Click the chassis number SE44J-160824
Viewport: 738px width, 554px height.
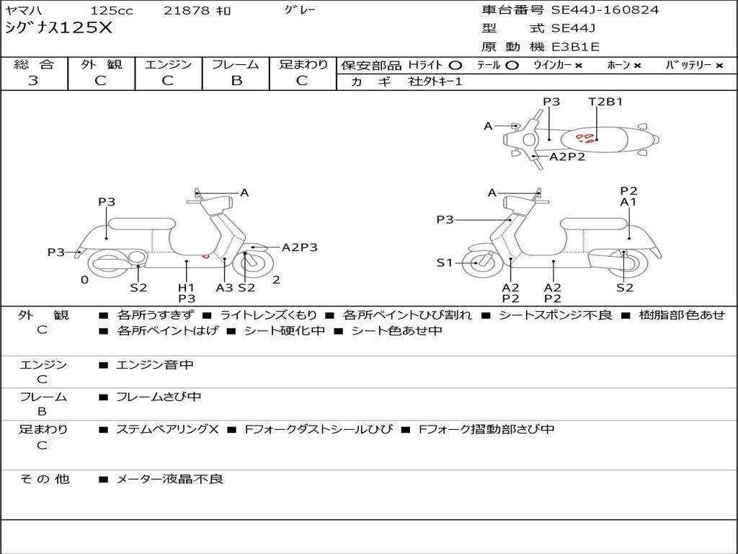605,10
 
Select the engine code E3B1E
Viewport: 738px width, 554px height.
576,47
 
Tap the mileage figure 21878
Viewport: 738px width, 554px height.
187,11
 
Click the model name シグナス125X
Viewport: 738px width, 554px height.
59,28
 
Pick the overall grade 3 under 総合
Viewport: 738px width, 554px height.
33,81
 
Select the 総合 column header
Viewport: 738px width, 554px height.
34,64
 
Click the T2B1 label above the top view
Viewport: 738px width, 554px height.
605,102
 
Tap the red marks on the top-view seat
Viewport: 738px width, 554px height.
587,137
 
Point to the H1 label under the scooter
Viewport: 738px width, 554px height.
186,287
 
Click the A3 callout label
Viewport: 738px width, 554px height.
224,287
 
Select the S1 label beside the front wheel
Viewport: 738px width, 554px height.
445,263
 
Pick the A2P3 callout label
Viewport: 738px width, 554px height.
299,247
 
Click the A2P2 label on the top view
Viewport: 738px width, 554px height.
567,157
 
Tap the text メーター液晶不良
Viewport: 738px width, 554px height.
170,478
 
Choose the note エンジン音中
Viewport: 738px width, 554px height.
155,365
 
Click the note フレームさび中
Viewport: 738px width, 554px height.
159,397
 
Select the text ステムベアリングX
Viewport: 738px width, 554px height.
167,429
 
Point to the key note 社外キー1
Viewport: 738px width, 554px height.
435,82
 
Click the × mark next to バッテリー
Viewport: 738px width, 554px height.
719,65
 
